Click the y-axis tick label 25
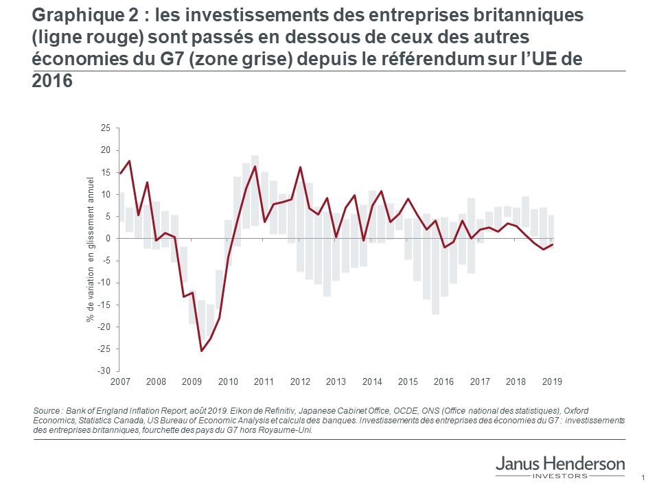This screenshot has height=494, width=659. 106,128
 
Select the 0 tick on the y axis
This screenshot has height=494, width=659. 108,239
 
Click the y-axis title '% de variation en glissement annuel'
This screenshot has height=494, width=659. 90,249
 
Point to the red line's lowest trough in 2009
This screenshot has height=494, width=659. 202,351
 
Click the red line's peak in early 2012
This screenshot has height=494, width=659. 300,167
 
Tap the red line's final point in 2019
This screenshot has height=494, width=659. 553,245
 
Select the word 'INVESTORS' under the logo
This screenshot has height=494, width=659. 560,475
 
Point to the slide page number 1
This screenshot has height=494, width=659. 642,478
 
